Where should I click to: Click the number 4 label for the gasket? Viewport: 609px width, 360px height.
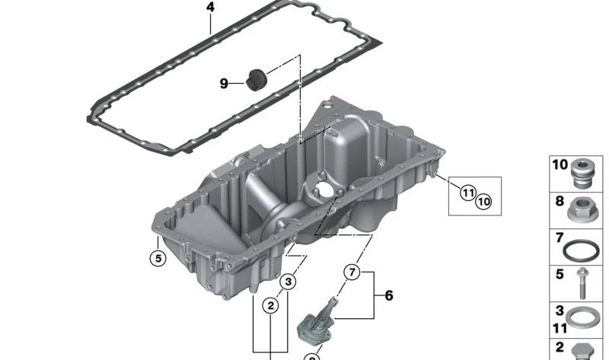click(x=210, y=8)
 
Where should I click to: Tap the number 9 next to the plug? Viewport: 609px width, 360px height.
click(x=224, y=83)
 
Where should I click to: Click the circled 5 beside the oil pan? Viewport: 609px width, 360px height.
click(x=156, y=259)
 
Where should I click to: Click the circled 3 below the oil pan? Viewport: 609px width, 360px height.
click(x=287, y=283)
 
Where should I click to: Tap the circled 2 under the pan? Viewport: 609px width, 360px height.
click(x=270, y=306)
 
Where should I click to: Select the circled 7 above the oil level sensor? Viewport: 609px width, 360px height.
click(x=351, y=272)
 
